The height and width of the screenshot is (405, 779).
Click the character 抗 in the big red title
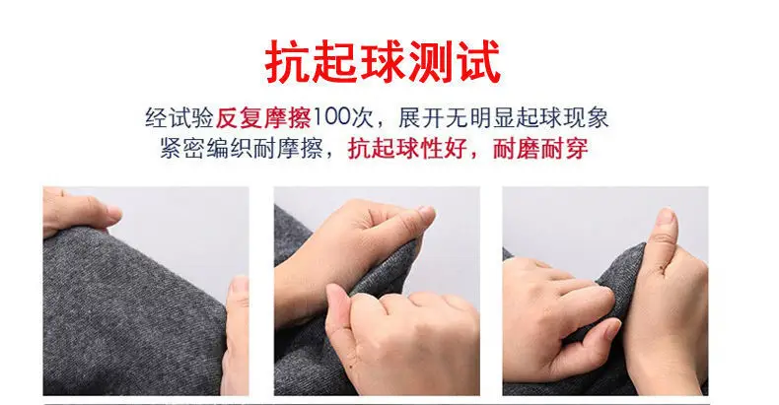[287, 62]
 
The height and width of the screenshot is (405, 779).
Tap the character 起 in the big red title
[334, 62]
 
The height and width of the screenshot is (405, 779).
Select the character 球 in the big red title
[381, 62]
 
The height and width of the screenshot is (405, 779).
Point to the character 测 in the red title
[428, 62]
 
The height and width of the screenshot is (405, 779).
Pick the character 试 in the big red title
[475, 62]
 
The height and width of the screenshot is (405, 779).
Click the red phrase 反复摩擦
[263, 118]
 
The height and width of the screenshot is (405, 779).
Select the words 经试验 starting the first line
[178, 118]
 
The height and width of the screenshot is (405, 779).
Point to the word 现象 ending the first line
[586, 118]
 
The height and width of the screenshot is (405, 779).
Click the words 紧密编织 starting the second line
[206, 149]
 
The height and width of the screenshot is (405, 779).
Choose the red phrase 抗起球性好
[407, 149]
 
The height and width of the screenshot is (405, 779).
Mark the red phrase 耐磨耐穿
[540, 149]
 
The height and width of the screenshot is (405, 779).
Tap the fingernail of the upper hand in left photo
[113, 214]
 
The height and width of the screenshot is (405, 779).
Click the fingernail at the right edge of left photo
[240, 285]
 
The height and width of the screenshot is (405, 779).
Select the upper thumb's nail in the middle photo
[426, 214]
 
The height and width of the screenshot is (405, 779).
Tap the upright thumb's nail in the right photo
[666, 217]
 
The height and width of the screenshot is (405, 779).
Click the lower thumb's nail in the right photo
[612, 329]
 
